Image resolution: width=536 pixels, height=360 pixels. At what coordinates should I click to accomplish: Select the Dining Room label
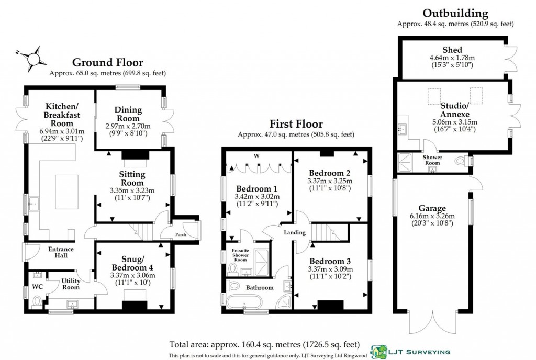coord(129,114)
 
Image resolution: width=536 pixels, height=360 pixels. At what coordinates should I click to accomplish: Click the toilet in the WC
coord(37,300)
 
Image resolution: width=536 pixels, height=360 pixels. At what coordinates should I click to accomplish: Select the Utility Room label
coord(71,284)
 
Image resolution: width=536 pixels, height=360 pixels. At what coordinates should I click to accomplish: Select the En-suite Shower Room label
coord(240,255)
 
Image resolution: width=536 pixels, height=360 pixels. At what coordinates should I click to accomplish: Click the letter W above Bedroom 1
coord(256,155)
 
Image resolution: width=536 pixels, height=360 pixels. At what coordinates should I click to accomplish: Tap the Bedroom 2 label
coord(330,173)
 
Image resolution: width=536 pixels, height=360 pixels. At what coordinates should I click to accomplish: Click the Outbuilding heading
coord(455,14)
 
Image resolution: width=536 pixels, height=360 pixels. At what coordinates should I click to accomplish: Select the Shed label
coord(452,50)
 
